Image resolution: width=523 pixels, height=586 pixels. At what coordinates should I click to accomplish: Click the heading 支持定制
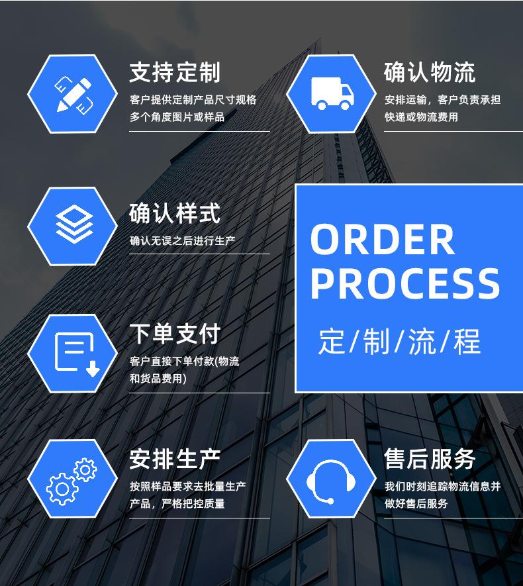[x=175, y=73]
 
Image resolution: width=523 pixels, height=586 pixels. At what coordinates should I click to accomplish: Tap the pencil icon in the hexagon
[x=72, y=94]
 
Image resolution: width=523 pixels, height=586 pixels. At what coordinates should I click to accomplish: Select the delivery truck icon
[x=332, y=93]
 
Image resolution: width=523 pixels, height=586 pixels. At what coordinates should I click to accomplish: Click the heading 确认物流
[x=430, y=73]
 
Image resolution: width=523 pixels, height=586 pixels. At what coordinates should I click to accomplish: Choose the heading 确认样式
[x=175, y=214]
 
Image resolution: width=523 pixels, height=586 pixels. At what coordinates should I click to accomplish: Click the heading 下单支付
[x=175, y=334]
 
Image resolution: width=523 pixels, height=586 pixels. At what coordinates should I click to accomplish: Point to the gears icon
[x=71, y=479]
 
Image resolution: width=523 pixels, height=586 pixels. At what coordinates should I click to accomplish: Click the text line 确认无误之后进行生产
[x=182, y=241]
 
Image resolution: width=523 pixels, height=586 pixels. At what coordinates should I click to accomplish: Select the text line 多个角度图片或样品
[x=177, y=117]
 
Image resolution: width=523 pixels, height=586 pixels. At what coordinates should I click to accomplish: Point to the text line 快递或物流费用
[x=421, y=117]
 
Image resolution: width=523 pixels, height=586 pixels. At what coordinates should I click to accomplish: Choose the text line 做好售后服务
[x=416, y=504]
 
